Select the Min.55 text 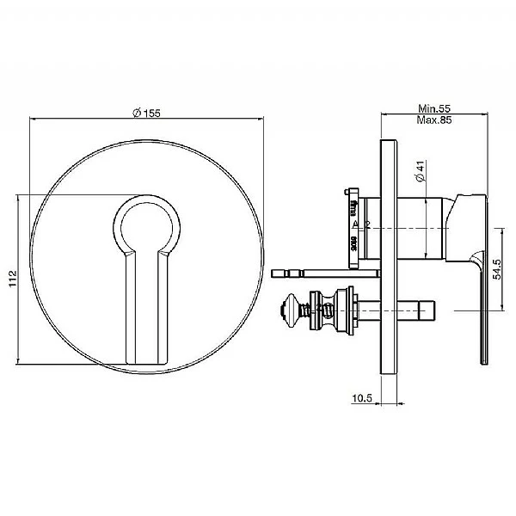point(434,109)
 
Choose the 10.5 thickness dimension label point(361,398)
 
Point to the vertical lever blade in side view point(479,310)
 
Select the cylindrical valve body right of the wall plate point(421,225)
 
